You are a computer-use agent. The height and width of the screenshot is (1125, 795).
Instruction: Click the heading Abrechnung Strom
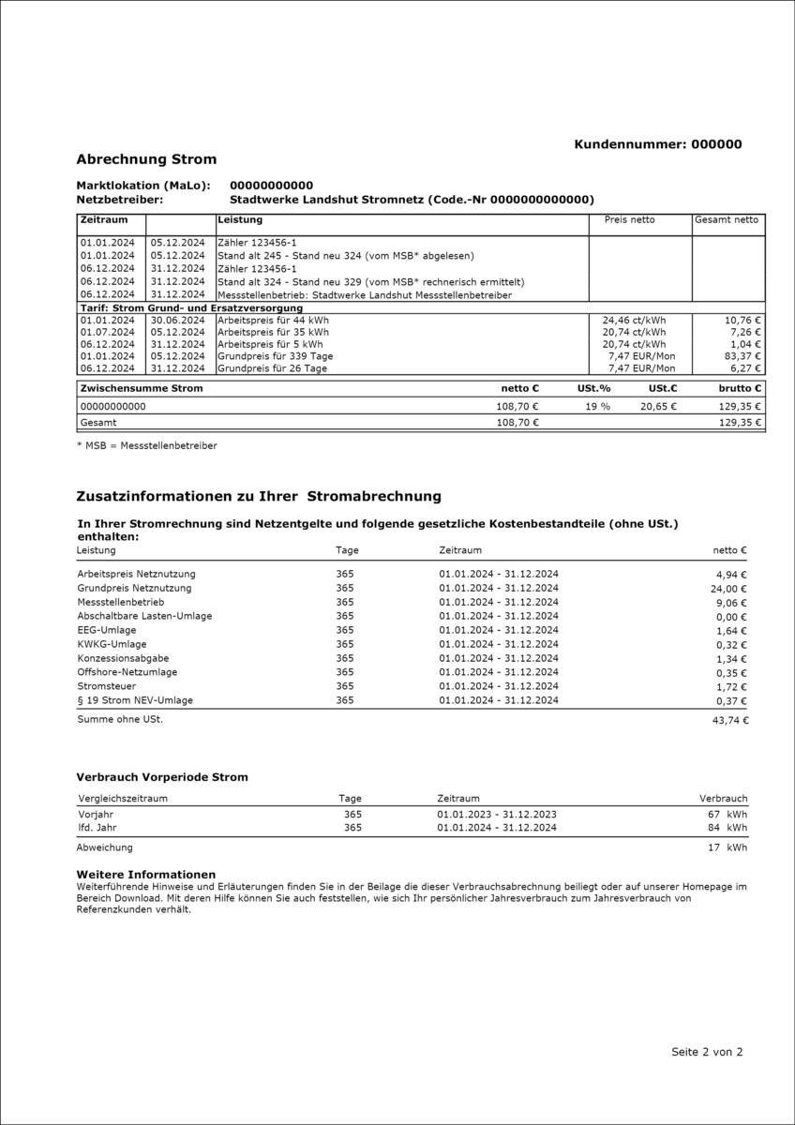coord(146,159)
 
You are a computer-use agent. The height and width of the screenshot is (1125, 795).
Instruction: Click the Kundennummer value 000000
coord(715,144)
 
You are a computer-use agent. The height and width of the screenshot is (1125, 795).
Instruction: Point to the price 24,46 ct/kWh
coord(634,320)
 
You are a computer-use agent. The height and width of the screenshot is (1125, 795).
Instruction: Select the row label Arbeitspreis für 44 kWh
coord(273,320)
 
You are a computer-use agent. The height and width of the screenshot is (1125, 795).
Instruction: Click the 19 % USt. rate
coord(598,407)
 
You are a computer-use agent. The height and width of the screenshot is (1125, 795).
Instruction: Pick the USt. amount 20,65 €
coord(657,407)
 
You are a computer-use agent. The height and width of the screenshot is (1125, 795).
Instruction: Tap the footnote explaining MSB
coord(146,445)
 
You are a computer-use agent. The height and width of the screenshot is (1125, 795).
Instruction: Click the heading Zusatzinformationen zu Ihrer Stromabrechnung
coord(258,496)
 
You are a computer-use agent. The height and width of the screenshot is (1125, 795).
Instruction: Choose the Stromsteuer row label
coord(106,686)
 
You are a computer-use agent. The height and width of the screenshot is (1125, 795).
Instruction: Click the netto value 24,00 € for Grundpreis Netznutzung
coord(729,589)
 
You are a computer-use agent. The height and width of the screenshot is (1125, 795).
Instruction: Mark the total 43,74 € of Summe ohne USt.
coord(729,720)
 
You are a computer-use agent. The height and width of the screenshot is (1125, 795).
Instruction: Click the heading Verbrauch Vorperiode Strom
coord(162,777)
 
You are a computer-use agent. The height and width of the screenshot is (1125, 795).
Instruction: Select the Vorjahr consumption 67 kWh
coord(727,815)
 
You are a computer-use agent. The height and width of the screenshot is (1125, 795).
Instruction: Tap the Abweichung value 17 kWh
coord(727,847)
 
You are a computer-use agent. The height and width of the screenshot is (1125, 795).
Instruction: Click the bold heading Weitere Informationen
coord(145,874)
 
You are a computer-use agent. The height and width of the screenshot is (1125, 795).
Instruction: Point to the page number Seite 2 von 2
coord(707,1052)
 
